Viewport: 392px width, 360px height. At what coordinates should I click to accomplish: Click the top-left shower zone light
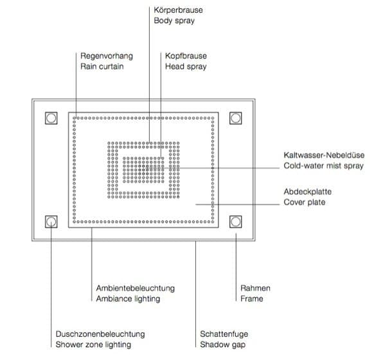pyautogui.click(x=51, y=118)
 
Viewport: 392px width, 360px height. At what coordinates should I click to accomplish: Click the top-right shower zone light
pyautogui.click(x=235, y=118)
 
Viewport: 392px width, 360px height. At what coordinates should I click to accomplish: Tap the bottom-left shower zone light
pyautogui.click(x=51, y=222)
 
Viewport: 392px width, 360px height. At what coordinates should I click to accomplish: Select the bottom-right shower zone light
pyautogui.click(x=235, y=222)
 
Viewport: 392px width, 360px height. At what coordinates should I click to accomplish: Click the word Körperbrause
pyautogui.click(x=178, y=10)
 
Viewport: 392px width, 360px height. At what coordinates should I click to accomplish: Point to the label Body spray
pyautogui.click(x=174, y=21)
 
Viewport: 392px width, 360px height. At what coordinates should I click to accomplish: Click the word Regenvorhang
pyautogui.click(x=107, y=56)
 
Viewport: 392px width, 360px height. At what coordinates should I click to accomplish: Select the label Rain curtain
pyautogui.click(x=102, y=67)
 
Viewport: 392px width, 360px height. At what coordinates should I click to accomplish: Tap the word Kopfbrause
pyautogui.click(x=186, y=56)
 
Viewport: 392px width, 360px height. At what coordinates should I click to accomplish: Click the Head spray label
pyautogui.click(x=186, y=67)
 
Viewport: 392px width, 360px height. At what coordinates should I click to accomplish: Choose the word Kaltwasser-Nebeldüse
pyautogui.click(x=324, y=155)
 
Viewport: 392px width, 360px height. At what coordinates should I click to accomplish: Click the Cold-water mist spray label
pyautogui.click(x=323, y=166)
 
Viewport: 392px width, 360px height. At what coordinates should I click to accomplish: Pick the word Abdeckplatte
pyautogui.click(x=308, y=192)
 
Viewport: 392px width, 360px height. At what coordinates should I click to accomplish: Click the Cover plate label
pyautogui.click(x=305, y=202)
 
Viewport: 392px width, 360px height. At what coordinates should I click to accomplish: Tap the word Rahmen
pyautogui.click(x=255, y=288)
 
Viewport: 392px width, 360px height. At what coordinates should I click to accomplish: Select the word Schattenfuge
pyautogui.click(x=224, y=334)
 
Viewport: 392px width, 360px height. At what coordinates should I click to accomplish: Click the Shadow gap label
pyautogui.click(x=222, y=345)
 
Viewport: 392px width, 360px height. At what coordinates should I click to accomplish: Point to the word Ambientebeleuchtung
pyautogui.click(x=135, y=288)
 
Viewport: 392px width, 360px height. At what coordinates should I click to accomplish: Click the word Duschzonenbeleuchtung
pyautogui.click(x=100, y=334)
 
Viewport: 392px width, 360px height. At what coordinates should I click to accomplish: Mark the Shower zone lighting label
pyautogui.click(x=93, y=345)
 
